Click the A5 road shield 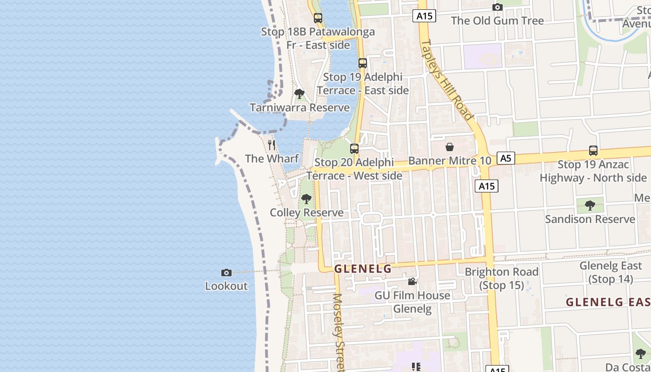[506, 158]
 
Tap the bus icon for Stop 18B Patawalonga [318, 18]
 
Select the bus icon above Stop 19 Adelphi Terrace [363, 63]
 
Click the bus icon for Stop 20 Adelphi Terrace [354, 149]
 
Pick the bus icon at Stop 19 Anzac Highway [593, 151]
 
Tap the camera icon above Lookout [226, 272]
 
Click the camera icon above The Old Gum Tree [498, 7]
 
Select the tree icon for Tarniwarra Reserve [299, 94]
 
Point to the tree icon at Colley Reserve [306, 199]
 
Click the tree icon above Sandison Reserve [590, 205]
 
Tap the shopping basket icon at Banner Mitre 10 [450, 147]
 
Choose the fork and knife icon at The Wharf [272, 145]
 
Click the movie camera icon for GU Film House [412, 281]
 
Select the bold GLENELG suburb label [363, 269]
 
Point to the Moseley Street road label [339, 331]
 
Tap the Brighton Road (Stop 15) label [502, 278]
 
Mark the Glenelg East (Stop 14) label [611, 272]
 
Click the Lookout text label [226, 286]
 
